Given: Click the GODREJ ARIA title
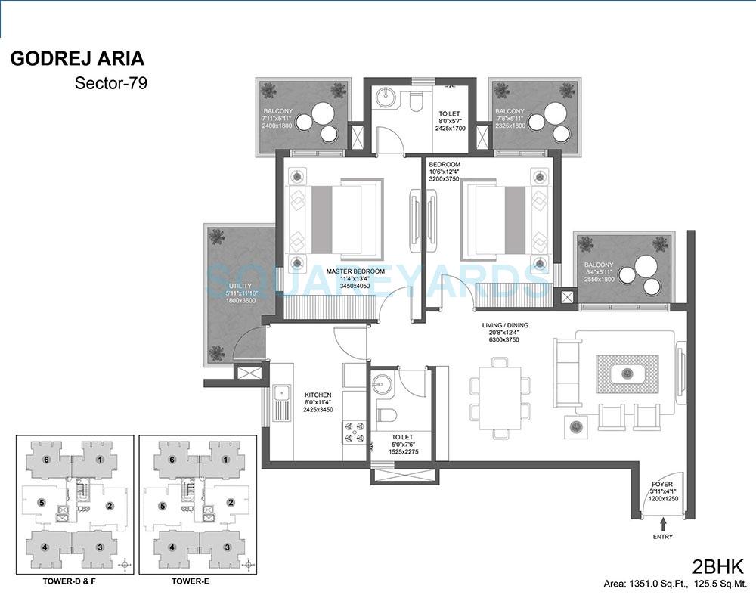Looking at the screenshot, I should point(77,59).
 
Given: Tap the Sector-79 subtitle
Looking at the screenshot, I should point(110,83).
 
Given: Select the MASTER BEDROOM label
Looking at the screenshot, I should point(355,271).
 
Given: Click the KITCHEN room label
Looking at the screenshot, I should point(318,395).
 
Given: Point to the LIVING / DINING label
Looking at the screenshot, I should point(506,325).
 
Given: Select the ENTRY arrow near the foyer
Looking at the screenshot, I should point(663,522).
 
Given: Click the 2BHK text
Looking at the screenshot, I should point(719,566).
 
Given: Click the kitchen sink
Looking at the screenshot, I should point(281,392).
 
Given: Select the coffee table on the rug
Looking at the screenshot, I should point(626,373).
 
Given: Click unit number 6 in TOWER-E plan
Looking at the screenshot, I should point(173,460).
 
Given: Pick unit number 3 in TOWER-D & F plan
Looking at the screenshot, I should point(99,547).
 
